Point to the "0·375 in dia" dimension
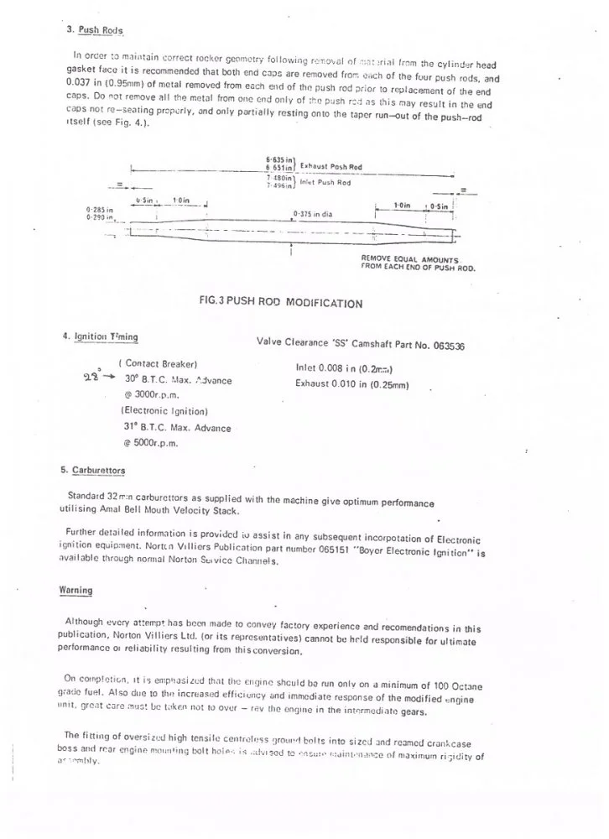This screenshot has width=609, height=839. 314,214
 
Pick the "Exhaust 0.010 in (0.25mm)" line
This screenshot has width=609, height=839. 351,385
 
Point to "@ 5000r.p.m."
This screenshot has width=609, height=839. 150,443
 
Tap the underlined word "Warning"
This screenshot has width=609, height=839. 75,590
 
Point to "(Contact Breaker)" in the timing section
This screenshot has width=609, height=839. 159,363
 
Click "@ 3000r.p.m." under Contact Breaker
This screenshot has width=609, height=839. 150,394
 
